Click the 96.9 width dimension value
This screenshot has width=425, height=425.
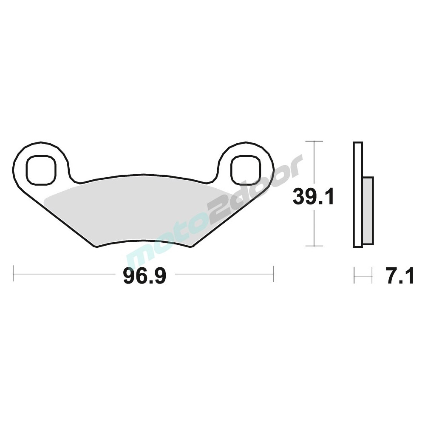click(x=143, y=277)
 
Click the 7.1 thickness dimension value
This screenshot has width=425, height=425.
click(x=399, y=277)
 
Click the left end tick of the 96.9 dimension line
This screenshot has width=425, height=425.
click(x=14, y=274)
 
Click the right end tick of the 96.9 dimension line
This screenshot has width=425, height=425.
click(x=273, y=274)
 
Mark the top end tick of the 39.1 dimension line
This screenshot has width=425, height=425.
click(x=314, y=141)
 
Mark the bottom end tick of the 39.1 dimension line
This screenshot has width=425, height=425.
click(x=314, y=246)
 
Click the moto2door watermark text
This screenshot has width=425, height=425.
click(x=212, y=212)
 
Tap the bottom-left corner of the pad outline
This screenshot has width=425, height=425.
click(x=96, y=247)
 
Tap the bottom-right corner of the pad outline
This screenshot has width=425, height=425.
click(x=190, y=247)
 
